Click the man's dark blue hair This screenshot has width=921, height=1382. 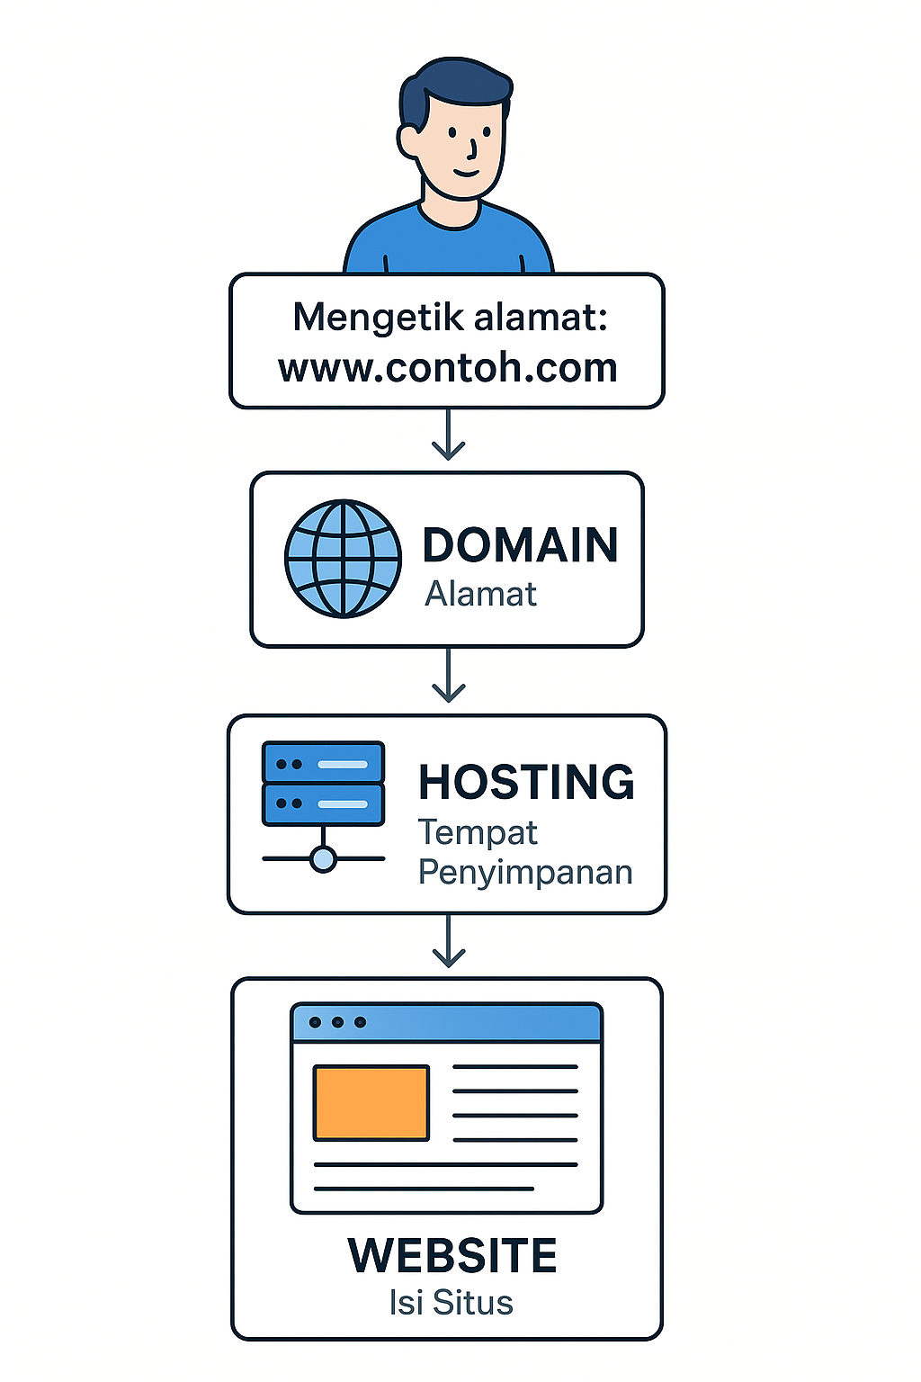pyautogui.click(x=454, y=85)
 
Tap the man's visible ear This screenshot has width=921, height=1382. pyautogui.click(x=409, y=140)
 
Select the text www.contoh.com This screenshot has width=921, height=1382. pyautogui.click(x=448, y=368)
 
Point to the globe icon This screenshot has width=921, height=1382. pyautogui.click(x=343, y=559)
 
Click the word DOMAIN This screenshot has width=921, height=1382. pyautogui.click(x=520, y=545)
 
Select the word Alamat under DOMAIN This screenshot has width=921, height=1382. pyautogui.click(x=480, y=595)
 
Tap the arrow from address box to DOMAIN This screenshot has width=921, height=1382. pyautogui.click(x=448, y=435)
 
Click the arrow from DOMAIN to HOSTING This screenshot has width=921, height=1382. pyautogui.click(x=448, y=677)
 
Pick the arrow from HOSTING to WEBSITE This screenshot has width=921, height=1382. pyautogui.click(x=448, y=942)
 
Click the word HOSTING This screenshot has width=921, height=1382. pyautogui.click(x=526, y=782)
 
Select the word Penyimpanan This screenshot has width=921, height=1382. pyautogui.click(x=525, y=873)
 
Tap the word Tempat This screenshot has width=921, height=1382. pyautogui.click(x=478, y=832)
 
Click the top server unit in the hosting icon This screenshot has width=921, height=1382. pyautogui.click(x=323, y=763)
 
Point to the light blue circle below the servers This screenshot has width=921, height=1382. pyautogui.click(x=323, y=859)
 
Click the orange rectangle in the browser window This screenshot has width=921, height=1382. pyautogui.click(x=371, y=1102)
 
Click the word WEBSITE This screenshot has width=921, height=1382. pyautogui.click(x=452, y=1256)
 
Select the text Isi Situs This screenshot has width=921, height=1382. pyautogui.click(x=451, y=1303)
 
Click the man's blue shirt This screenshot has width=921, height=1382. pyautogui.click(x=448, y=247)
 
